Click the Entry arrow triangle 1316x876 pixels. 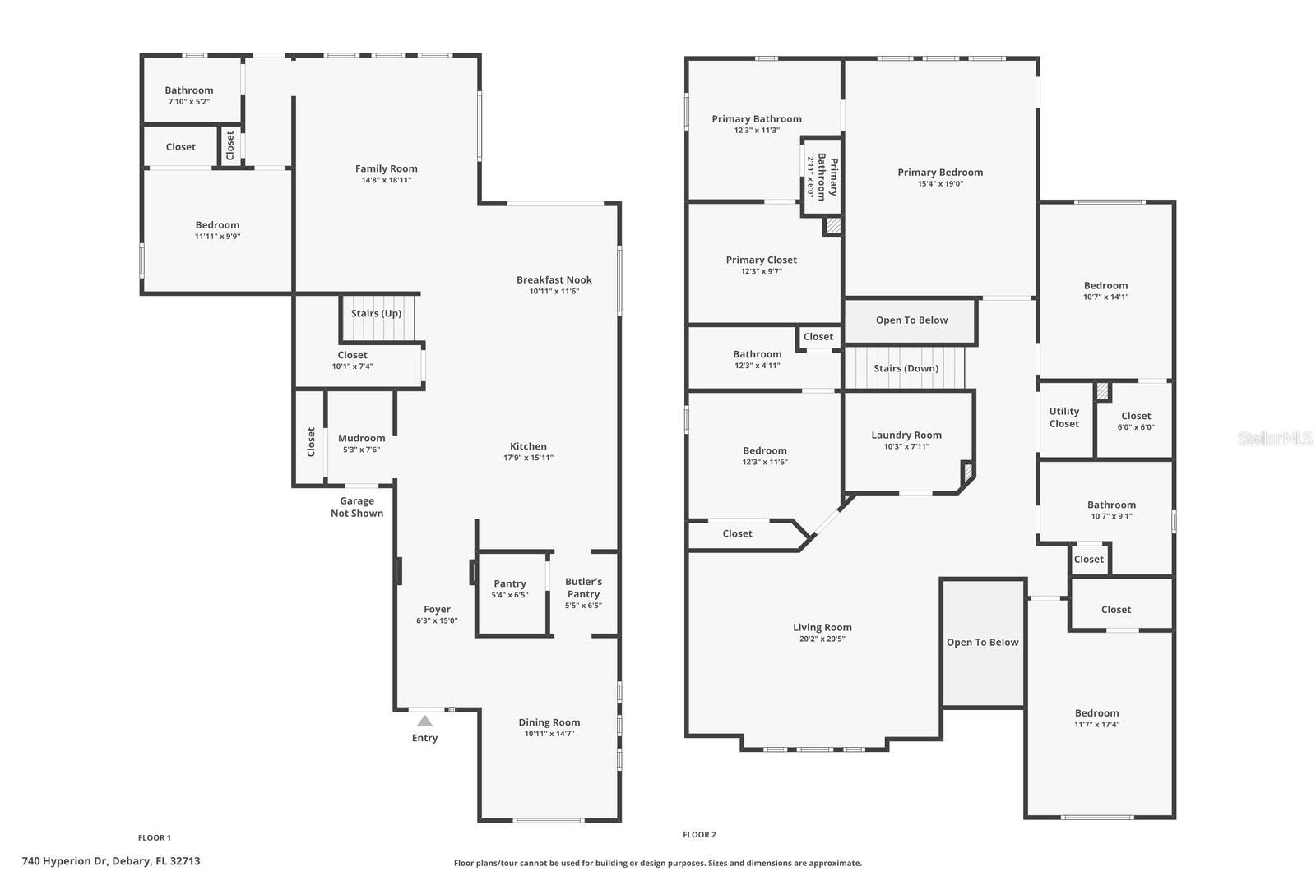pos(424,722)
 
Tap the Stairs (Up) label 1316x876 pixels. pos(376,313)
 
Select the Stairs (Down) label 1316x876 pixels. pos(906,368)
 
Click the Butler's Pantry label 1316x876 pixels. pos(583,588)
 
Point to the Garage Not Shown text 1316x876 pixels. pos(357,507)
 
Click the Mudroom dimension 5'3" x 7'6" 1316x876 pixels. pos(361,450)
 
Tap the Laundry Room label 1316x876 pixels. pos(906,435)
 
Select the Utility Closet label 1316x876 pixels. pos(1063,417)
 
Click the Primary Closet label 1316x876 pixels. pos(761,260)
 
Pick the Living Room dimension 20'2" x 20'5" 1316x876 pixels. pos(822,639)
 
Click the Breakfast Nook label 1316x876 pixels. pos(554,279)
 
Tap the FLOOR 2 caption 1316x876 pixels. pos(699,835)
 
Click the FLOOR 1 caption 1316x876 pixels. pos(155,838)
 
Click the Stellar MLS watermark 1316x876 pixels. pos(1274,439)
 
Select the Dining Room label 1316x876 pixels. pos(549,722)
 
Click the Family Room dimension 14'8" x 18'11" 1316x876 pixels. pos(386,180)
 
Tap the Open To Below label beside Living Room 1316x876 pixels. pos(982,642)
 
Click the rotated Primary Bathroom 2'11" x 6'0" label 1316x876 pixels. pos(822,176)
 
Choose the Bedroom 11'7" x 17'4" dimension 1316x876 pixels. pos(1096,725)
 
